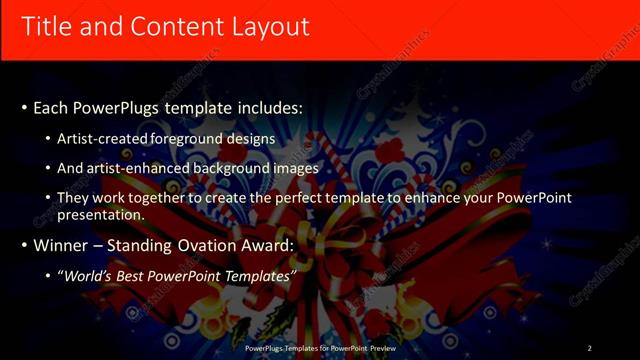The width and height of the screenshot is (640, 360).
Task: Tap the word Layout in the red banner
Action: (269, 26)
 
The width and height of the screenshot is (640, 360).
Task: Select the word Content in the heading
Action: (170, 26)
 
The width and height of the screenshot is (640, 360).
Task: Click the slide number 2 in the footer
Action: (589, 348)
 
